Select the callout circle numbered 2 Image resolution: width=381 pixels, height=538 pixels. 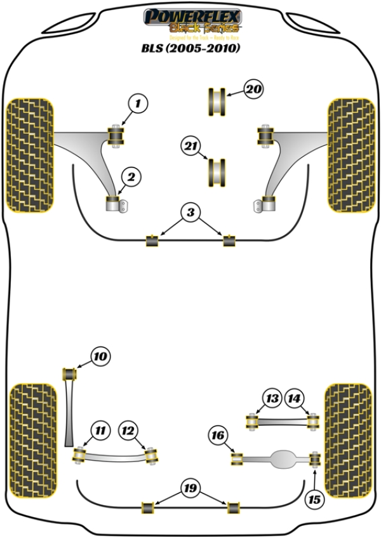(131, 178)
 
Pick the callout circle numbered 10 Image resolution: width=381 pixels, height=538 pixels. (99, 357)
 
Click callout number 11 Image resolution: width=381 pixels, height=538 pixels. (99, 431)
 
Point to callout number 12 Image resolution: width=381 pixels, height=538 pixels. (128, 431)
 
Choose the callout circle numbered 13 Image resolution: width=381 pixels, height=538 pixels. (272, 398)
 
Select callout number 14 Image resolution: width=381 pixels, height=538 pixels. (294, 398)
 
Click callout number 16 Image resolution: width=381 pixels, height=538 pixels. (218, 435)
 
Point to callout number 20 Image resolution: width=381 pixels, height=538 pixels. (253, 90)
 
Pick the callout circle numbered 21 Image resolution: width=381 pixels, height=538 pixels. (190, 146)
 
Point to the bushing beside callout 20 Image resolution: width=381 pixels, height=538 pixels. (217, 102)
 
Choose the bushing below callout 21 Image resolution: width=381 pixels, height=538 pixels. (218, 171)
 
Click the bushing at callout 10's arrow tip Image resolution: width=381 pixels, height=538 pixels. (70, 373)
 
